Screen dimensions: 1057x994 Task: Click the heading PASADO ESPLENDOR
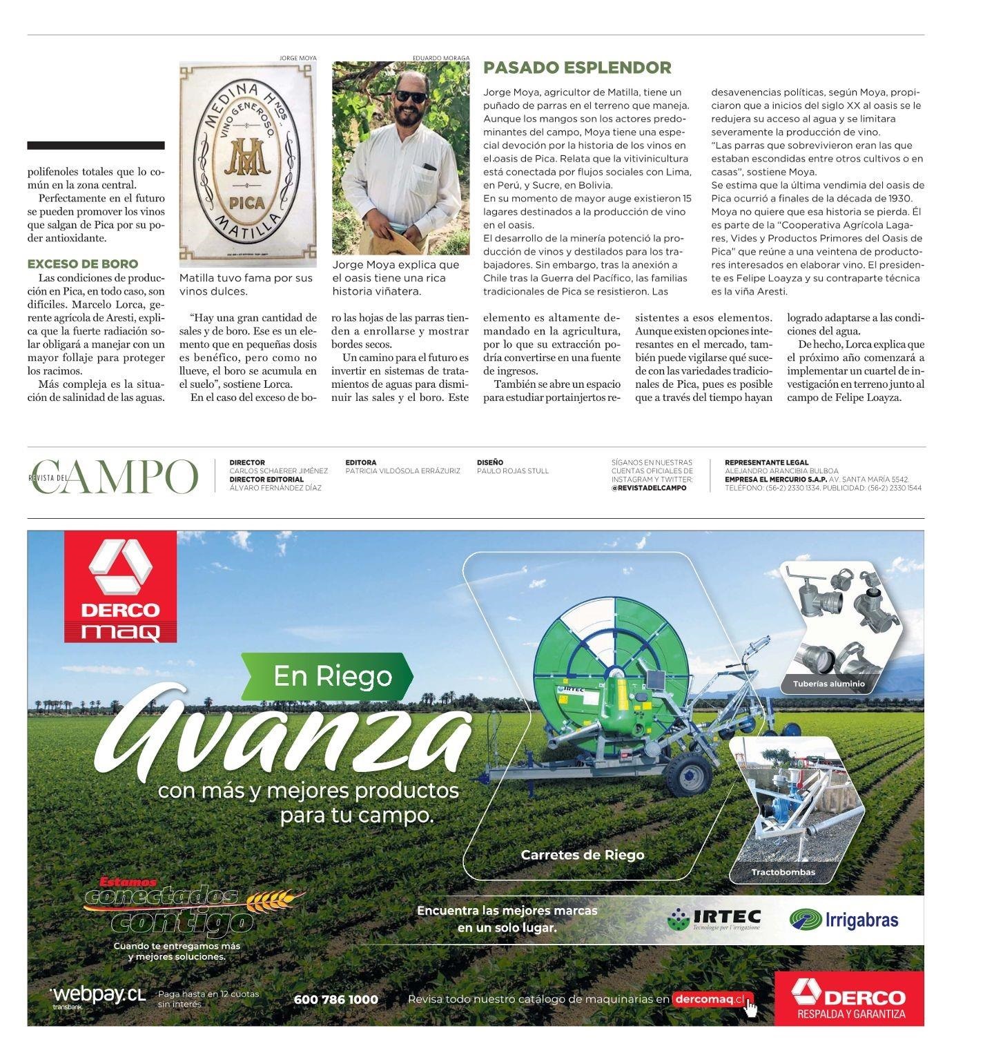pos(576,68)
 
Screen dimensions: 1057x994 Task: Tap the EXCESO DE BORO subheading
pos(82,264)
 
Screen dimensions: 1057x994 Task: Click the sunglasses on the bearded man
pos(411,97)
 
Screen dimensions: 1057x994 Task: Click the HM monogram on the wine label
pos(247,159)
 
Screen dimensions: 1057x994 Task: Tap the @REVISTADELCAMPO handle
pos(649,488)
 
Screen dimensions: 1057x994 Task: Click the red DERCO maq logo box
pos(120,586)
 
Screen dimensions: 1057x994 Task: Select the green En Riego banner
pos(327,676)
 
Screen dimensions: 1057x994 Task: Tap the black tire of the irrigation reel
pos(688,773)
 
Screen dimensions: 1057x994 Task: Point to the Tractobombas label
pos(783,872)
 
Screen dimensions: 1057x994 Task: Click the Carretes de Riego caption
pos(582,855)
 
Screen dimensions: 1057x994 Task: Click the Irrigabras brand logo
pos(844,920)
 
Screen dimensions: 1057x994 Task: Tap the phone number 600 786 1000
pos(335,999)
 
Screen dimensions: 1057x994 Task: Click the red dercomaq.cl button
pos(712,999)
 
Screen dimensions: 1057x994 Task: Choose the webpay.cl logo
pos(99,996)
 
